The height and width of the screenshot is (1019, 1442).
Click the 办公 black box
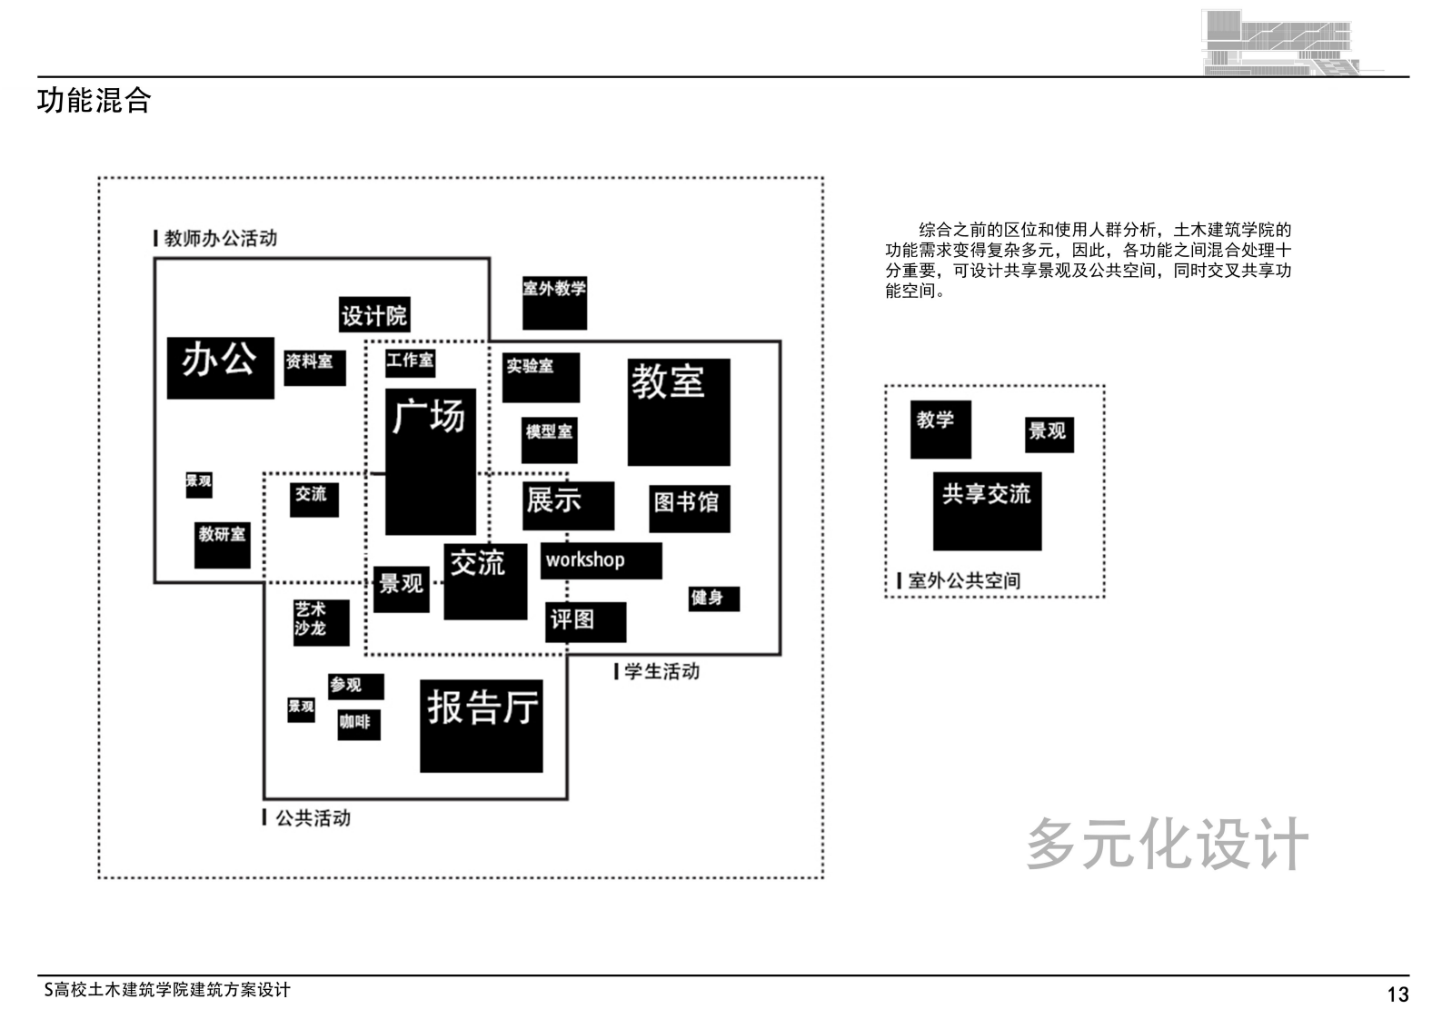tap(220, 367)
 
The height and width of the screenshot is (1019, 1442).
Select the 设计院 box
tap(373, 315)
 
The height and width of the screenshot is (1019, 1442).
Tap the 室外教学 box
tap(554, 303)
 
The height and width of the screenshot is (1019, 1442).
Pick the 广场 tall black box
tap(430, 461)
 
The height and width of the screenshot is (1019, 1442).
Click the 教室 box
tap(678, 411)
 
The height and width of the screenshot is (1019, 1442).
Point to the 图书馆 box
tap(690, 507)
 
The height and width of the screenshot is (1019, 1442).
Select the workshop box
tap(601, 560)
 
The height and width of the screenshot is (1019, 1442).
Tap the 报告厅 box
tap(481, 726)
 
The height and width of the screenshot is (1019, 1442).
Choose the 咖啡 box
tap(358, 724)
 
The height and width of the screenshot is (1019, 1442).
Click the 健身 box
tap(713, 598)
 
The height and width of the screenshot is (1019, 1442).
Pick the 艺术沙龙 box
tap(321, 622)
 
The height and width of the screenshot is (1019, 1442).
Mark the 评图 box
tap(585, 621)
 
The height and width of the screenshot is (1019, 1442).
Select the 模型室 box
tap(550, 440)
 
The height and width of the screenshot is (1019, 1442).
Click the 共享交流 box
tap(987, 510)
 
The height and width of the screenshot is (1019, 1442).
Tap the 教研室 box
tap(222, 544)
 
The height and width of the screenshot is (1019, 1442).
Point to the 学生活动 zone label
tap(661, 671)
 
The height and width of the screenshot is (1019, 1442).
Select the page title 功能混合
tap(94, 100)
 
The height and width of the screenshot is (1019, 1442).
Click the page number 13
tap(1397, 994)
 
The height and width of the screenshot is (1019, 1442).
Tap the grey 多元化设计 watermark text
tap(1167, 844)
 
